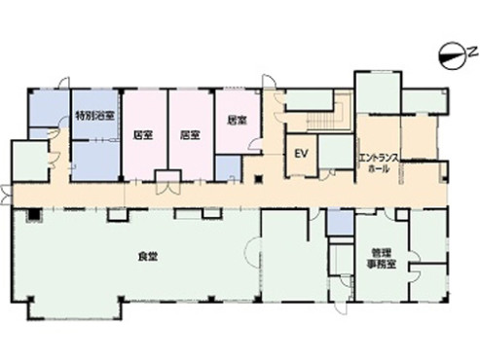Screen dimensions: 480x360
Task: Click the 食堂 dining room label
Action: click(148, 257)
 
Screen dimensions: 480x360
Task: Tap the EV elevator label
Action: click(301, 154)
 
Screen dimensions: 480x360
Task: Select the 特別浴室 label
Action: click(95, 116)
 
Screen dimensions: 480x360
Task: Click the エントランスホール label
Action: click(379, 163)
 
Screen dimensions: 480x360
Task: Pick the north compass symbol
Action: click(451, 56)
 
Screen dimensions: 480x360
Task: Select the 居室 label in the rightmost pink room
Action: click(237, 121)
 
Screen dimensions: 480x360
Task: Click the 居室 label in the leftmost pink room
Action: click(143, 135)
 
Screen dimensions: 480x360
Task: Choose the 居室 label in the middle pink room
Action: click(190, 135)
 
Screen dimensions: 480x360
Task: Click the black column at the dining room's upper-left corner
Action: click(33, 215)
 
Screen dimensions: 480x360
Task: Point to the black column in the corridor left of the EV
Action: click(259, 179)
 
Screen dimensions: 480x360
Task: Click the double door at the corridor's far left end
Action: click(7, 195)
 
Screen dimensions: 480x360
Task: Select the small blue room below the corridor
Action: click(340, 223)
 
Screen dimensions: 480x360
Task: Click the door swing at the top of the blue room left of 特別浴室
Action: click(63, 83)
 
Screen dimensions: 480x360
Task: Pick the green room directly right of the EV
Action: click(336, 152)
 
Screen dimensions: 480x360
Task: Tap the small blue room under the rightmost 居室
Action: click(229, 168)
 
